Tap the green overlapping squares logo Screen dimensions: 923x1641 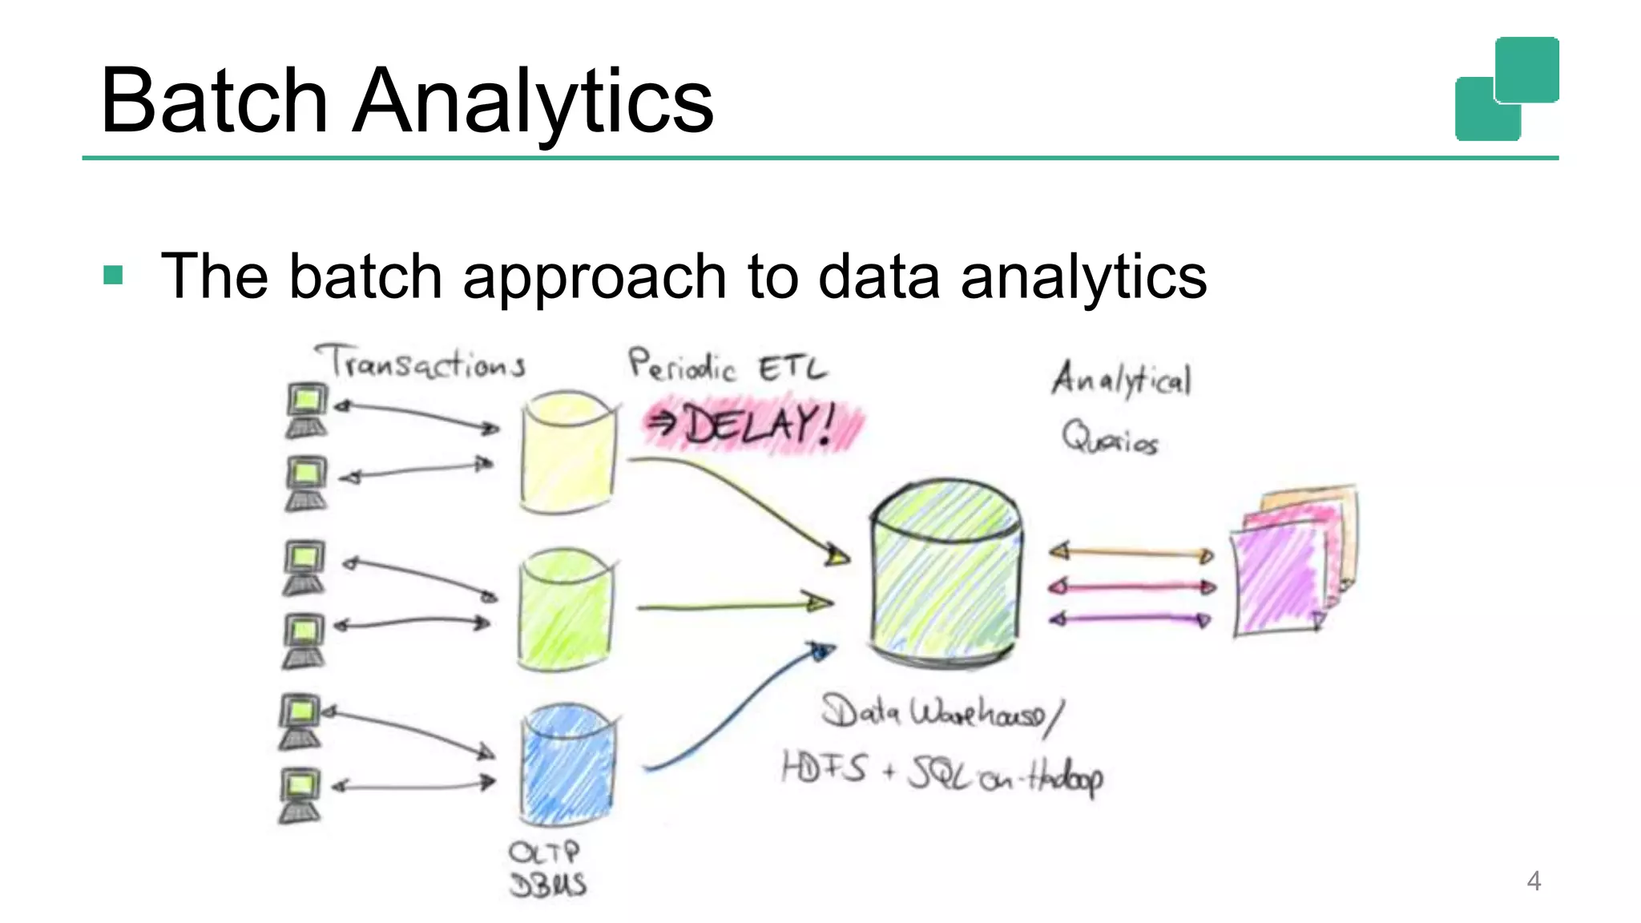pyautogui.click(x=1506, y=89)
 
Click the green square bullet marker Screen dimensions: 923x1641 pyautogui.click(x=113, y=276)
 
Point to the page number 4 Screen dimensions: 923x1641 pyautogui.click(x=1533, y=881)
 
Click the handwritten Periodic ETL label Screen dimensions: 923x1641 pyautogui.click(x=726, y=367)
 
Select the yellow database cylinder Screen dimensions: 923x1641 pyautogui.click(x=567, y=453)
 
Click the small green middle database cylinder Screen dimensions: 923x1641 pyautogui.click(x=566, y=610)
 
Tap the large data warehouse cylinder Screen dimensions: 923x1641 pyautogui.click(x=945, y=573)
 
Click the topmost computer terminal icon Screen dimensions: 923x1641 pyautogui.click(x=307, y=410)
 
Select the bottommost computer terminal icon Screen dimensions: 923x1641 pyautogui.click(x=300, y=795)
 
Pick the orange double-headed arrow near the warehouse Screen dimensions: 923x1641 pyautogui.click(x=1131, y=553)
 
